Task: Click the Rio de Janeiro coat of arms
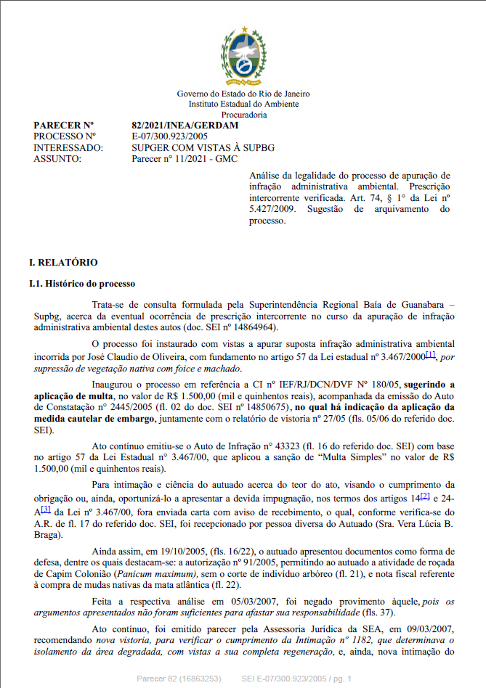point(243,54)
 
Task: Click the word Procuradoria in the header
point(243,115)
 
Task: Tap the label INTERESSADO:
point(68,147)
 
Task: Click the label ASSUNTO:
point(57,158)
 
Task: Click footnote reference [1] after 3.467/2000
point(430,355)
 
